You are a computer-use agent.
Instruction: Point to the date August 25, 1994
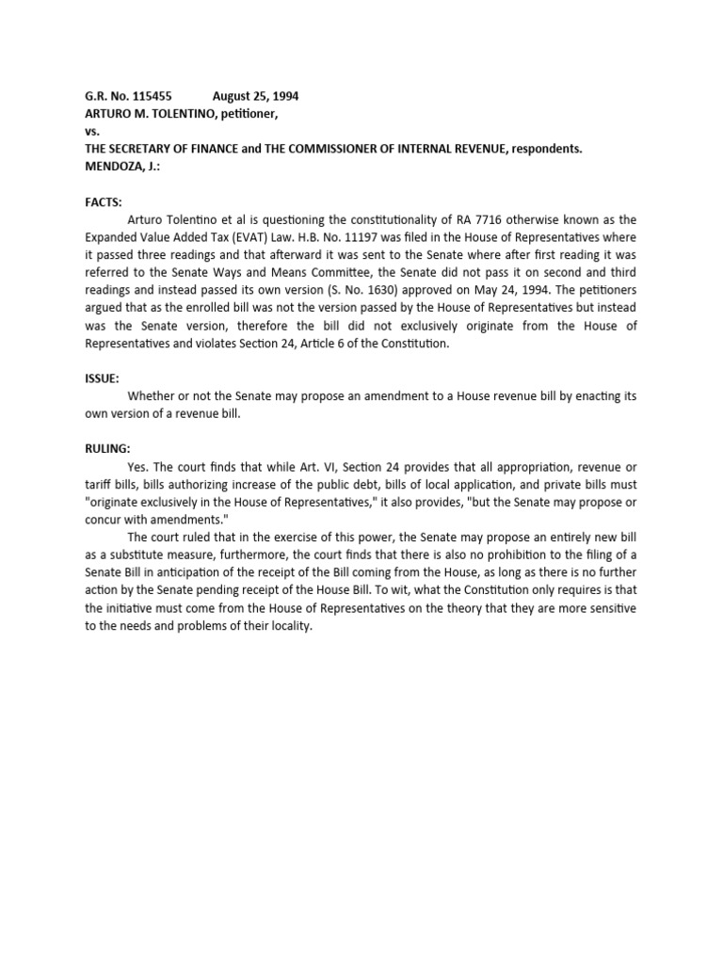click(256, 96)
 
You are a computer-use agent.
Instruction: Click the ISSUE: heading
click(102, 378)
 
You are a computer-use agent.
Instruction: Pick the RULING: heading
click(106, 448)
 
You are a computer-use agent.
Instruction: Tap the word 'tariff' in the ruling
click(98, 484)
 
